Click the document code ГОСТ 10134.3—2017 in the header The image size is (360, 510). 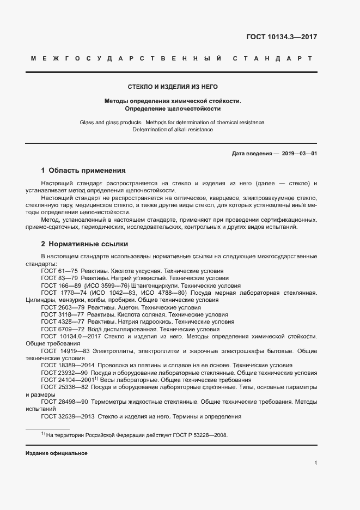pyautogui.click(x=282, y=38)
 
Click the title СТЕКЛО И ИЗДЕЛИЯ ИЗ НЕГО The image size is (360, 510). pyautogui.click(x=172, y=87)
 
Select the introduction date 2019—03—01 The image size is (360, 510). pyautogui.click(x=299, y=154)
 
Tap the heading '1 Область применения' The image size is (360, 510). pyautogui.click(x=83, y=170)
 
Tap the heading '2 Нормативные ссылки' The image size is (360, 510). pyautogui.click(x=84, y=244)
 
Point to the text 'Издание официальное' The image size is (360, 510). pyautogui.click(x=56, y=453)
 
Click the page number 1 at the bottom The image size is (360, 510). pyautogui.click(x=315, y=463)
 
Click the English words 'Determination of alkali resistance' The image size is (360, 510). pyautogui.click(x=172, y=130)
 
